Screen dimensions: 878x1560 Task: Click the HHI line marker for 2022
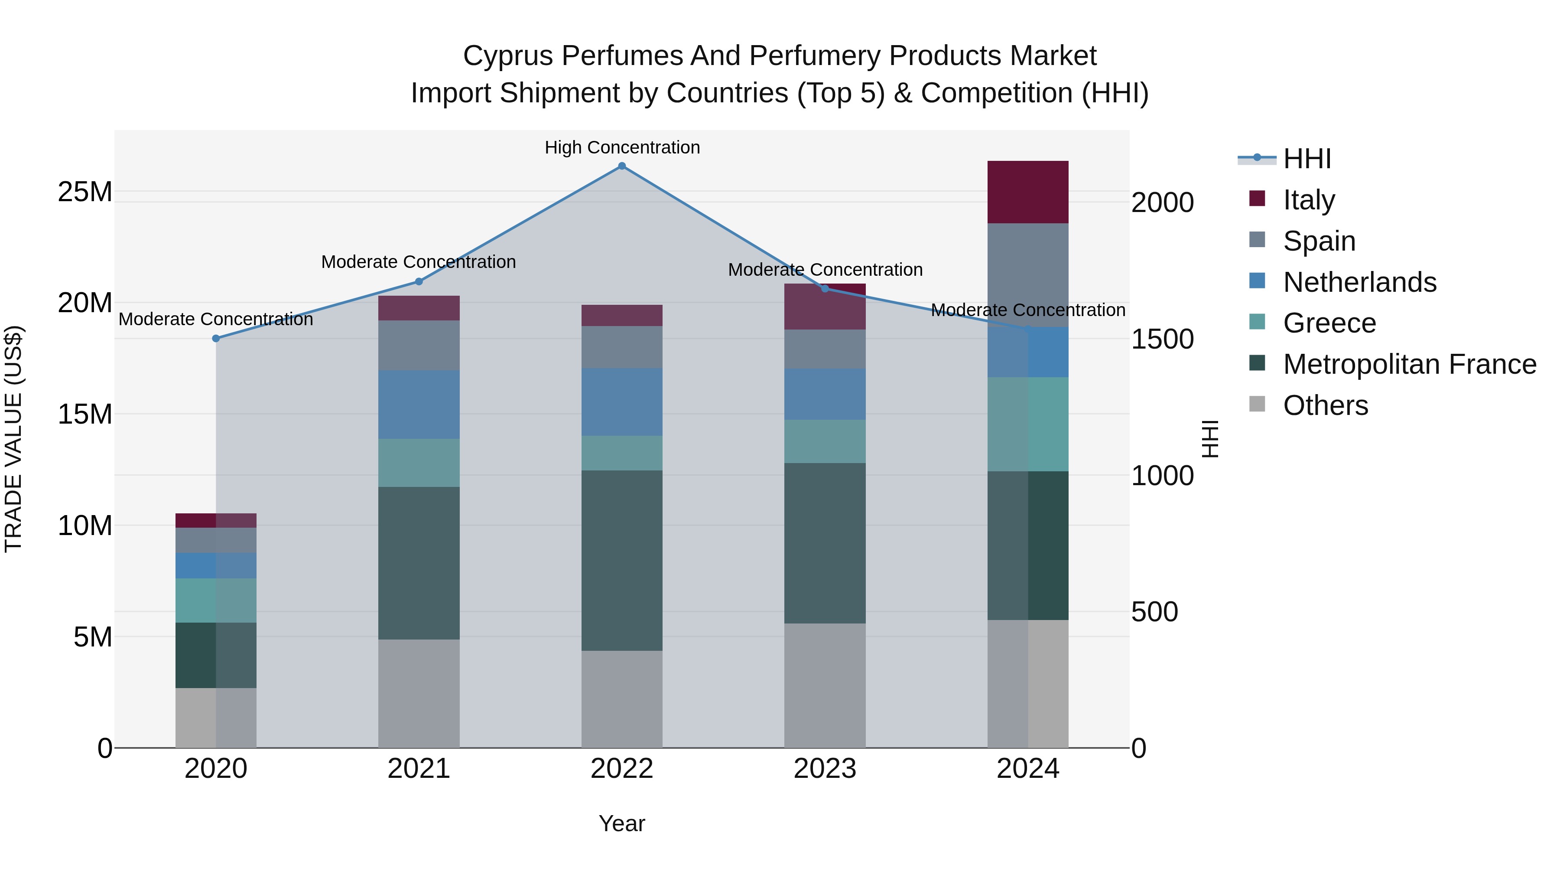[x=622, y=166]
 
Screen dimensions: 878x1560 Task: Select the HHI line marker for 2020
[x=216, y=339]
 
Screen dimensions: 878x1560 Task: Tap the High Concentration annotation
[x=622, y=148]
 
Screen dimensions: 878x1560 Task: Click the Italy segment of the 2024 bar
[x=1028, y=192]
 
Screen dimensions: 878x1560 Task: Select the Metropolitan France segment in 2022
[x=622, y=561]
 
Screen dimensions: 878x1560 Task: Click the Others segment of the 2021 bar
[x=419, y=693]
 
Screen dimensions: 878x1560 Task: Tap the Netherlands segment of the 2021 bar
[x=419, y=404]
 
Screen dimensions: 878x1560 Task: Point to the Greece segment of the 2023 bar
[x=825, y=441]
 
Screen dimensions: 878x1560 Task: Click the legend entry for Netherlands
[x=1359, y=282]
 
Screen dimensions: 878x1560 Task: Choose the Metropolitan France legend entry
[x=1409, y=364]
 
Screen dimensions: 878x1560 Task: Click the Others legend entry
[x=1325, y=405]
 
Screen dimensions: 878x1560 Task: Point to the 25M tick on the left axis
[x=85, y=192]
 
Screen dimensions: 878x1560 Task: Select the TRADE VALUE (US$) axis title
[x=13, y=439]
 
